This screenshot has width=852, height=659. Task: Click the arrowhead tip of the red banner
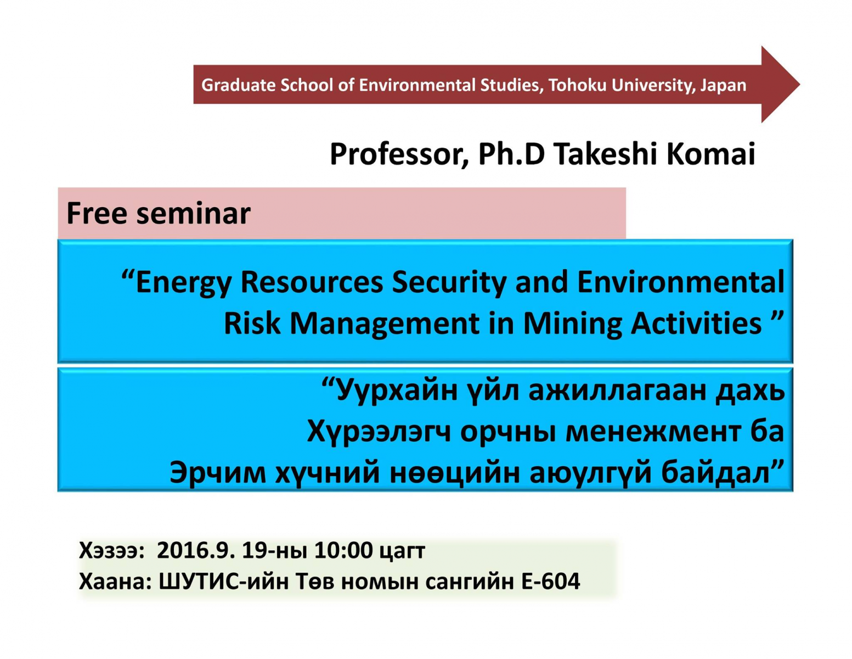[x=799, y=85]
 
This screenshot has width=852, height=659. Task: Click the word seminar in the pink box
[x=193, y=214]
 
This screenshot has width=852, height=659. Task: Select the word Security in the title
[x=449, y=283]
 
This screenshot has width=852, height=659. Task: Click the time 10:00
[x=343, y=551]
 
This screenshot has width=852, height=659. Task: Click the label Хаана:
[x=115, y=581]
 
